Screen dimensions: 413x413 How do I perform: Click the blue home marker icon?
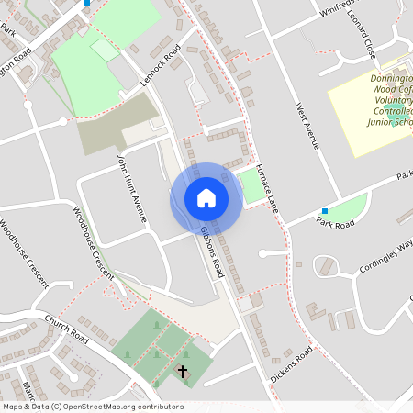pyautogui.click(x=206, y=197)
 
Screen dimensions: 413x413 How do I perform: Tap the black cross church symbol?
pyautogui.click(x=182, y=372)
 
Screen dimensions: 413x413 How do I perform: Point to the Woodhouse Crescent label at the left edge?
pyautogui.click(x=24, y=253)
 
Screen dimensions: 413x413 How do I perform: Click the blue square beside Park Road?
pyautogui.click(x=323, y=211)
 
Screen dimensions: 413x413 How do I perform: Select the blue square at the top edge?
pyautogui.click(x=87, y=3)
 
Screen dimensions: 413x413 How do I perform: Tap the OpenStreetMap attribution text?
pyautogui.click(x=92, y=406)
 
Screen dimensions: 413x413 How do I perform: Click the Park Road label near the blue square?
pyautogui.click(x=335, y=222)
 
